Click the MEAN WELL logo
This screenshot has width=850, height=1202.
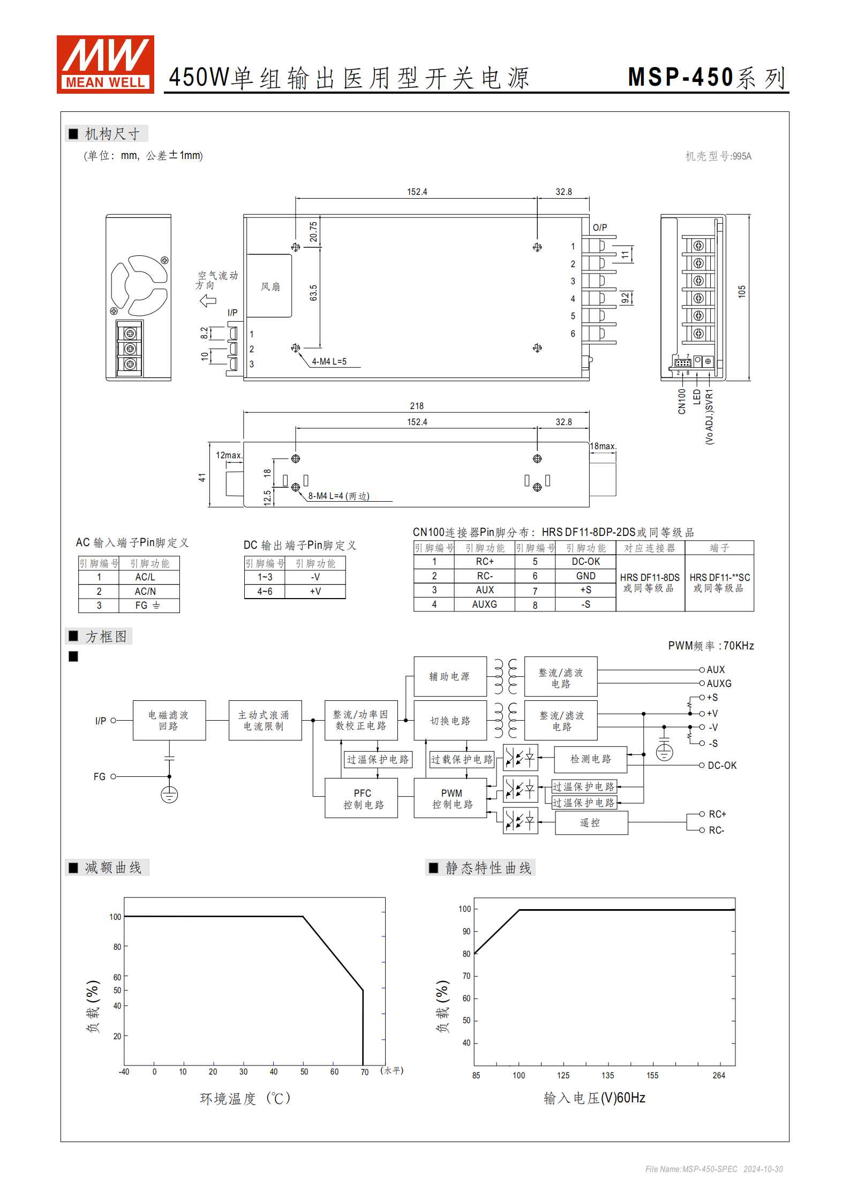point(105,64)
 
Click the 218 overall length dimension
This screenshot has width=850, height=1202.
point(417,406)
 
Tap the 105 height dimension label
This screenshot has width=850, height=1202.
point(741,292)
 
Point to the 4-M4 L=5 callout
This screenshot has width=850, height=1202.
point(329,361)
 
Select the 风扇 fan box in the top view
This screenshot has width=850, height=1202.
point(270,286)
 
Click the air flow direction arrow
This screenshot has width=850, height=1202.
point(208,300)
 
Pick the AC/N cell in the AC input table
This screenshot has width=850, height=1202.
point(145,591)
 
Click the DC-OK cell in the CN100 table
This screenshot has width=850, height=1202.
point(585,561)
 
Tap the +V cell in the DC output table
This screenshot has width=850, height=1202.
point(315,591)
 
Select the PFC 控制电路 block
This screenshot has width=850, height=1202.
point(362,798)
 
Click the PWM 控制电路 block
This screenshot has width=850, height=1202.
point(452,798)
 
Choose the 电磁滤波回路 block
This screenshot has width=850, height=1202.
point(169,720)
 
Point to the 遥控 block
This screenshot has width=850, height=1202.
point(590,823)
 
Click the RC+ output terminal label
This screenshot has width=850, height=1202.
point(717,814)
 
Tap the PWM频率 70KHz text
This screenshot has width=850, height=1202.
point(711,646)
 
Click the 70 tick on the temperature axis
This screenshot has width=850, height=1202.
point(364,1072)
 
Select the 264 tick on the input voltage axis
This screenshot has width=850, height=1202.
point(719,1075)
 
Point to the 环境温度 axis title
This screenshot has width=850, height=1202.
point(245,1098)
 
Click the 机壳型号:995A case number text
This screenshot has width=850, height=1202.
point(718,156)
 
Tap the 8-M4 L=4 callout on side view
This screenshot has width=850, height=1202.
point(339,496)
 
